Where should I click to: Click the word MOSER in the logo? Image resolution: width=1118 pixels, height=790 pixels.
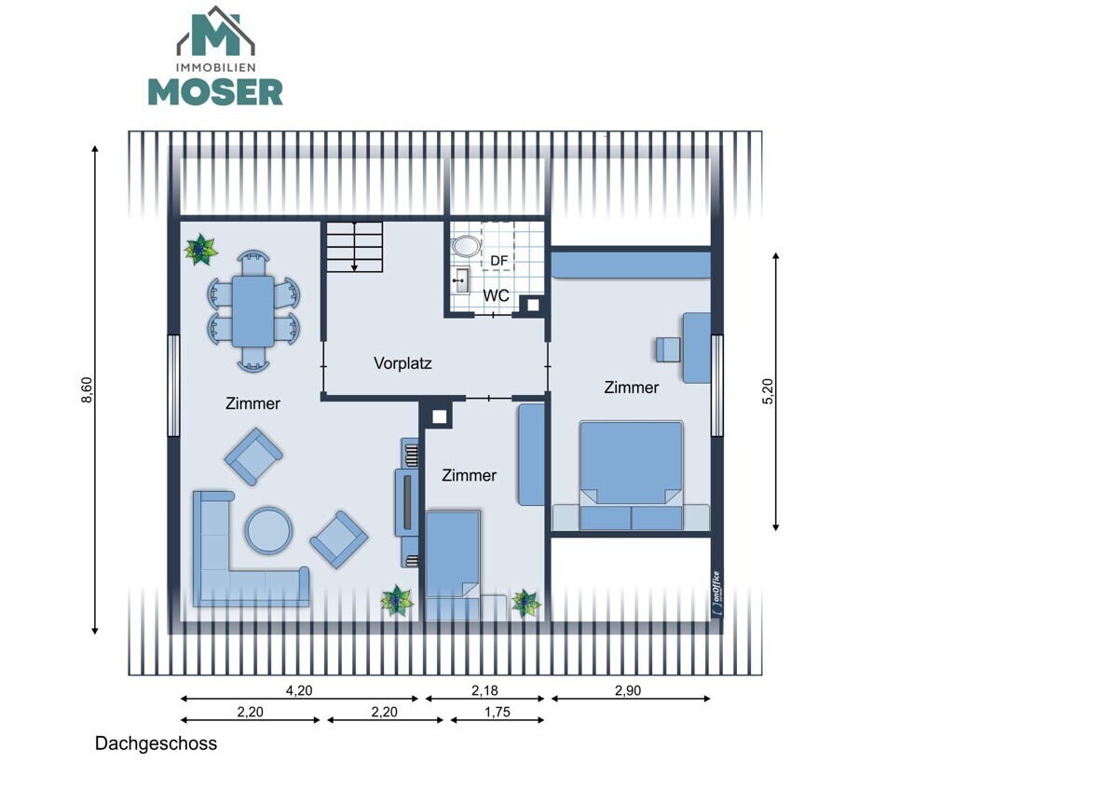pos(215,92)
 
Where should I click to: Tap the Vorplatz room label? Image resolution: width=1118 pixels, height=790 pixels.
pos(402,363)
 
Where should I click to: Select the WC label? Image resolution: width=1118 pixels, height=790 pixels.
pos(496,295)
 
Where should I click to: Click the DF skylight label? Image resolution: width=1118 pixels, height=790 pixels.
pos(498,261)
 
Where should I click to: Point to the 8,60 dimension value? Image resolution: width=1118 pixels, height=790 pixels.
pos(87,389)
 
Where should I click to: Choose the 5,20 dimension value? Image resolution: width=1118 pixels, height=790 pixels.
pos(768,391)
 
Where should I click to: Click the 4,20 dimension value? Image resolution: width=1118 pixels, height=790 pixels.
pos(299,690)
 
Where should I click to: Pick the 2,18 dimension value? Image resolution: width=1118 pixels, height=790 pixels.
pos(484,690)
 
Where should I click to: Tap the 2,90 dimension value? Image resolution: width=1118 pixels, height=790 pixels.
pos(628,690)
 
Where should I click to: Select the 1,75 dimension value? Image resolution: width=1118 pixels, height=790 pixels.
pos(498,712)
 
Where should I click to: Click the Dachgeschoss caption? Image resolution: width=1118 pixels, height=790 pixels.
pos(156,743)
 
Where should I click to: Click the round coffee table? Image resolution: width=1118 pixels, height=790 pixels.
pos(268,530)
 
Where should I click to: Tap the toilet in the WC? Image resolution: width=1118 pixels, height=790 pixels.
pos(466,247)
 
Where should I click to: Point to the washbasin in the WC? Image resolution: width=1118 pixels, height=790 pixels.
pos(460,281)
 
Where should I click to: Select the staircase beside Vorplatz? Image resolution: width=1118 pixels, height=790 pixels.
pos(354,247)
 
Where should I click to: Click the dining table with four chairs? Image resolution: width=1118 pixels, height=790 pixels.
pos(253,311)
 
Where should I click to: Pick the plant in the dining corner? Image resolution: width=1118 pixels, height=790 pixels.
pos(200,249)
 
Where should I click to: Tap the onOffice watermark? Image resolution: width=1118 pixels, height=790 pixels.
pos(716,592)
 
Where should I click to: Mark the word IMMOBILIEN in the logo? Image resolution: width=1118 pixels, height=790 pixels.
pos(215,67)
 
